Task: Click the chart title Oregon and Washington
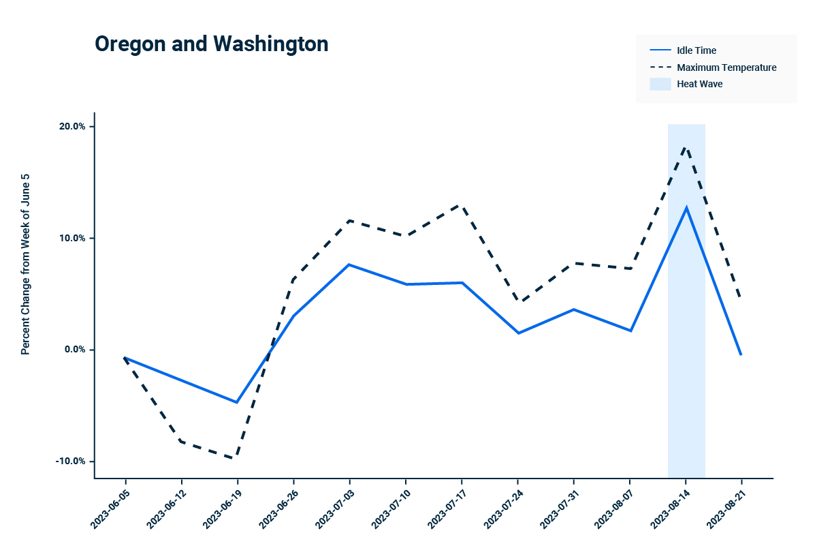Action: click(x=212, y=44)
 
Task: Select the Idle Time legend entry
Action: click(x=696, y=50)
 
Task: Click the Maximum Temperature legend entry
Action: click(x=726, y=67)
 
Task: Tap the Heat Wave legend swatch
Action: click(x=660, y=84)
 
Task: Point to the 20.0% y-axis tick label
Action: click(x=71, y=127)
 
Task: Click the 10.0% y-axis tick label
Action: click(x=71, y=238)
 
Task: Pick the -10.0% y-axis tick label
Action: click(x=70, y=461)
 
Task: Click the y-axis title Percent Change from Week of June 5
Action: click(x=25, y=263)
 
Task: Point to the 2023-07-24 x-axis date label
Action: click(x=502, y=507)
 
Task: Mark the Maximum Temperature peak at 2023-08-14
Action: click(x=686, y=147)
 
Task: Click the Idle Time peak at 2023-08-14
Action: click(x=686, y=207)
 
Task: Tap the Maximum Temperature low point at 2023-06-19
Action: click(x=236, y=458)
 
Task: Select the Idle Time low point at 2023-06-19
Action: click(x=237, y=402)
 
